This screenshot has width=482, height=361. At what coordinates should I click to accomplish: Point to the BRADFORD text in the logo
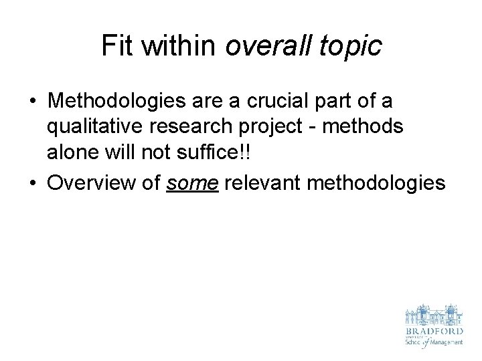[x=434, y=331]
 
